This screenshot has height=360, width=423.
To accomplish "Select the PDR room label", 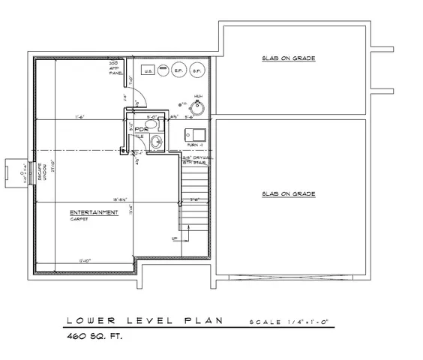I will point(140,129).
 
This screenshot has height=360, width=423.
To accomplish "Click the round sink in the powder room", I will point(156,140).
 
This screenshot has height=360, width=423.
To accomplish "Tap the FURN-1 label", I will point(194,144).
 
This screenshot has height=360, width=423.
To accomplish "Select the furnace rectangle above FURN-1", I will point(193,134).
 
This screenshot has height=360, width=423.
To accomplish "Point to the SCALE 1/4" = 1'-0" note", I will point(295,322).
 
